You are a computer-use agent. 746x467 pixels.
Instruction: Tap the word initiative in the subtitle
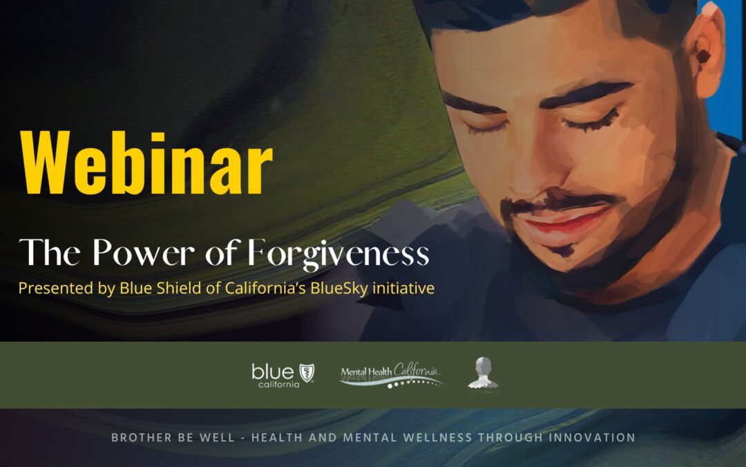(403, 288)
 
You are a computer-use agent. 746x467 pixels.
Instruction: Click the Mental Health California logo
(391, 376)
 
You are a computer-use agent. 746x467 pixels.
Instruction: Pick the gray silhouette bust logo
(483, 373)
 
